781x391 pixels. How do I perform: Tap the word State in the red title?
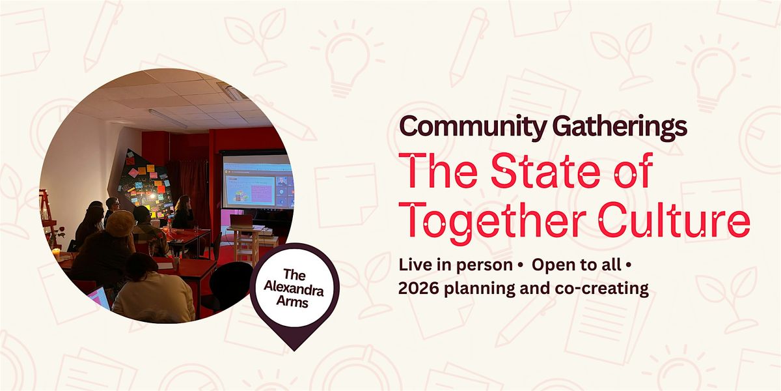click(545, 170)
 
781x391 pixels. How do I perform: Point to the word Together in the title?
click(495, 222)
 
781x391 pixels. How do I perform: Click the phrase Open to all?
click(577, 265)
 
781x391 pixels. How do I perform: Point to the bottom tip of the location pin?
click(295, 351)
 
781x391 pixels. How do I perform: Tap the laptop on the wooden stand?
click(241, 222)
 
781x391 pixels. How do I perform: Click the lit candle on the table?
click(56, 253)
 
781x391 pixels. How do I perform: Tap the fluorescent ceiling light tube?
click(168, 119)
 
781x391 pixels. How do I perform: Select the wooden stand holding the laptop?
click(247, 245)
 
